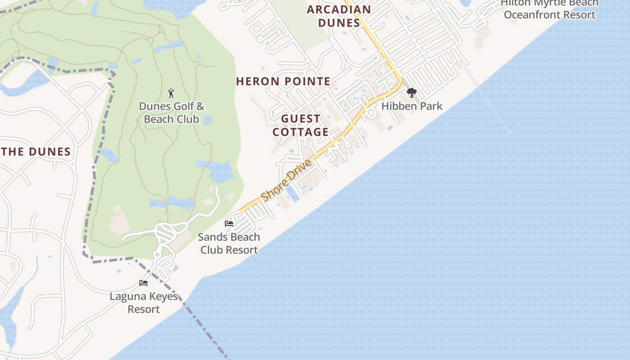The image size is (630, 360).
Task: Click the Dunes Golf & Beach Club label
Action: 171,112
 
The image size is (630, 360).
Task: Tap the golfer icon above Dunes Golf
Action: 171,93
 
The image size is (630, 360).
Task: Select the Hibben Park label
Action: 412,106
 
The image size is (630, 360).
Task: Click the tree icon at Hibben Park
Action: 411,93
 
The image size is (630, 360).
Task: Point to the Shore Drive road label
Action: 286,180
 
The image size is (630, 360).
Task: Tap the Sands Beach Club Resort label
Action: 229,243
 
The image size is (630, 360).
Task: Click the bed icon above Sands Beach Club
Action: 229,223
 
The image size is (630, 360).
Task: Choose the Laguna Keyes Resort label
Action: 144,303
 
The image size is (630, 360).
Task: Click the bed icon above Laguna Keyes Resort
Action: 144,283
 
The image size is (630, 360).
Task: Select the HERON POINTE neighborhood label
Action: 283,81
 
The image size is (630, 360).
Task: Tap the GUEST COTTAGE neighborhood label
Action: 301,126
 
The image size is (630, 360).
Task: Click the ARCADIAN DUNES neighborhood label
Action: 339,16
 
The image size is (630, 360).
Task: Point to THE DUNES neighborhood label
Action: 36,152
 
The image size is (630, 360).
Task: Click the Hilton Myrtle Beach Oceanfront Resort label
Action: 549,9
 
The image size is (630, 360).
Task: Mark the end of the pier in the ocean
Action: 509,132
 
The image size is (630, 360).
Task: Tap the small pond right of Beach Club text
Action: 207,120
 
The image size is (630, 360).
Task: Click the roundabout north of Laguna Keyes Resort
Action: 157,255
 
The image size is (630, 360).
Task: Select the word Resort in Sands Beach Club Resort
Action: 243,250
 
